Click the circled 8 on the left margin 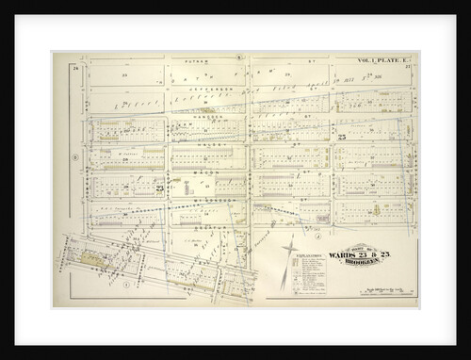pyautogui.click(x=74, y=156)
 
